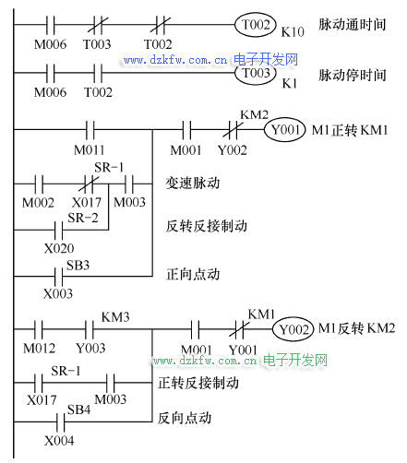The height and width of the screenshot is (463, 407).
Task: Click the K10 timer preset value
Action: (x=293, y=32)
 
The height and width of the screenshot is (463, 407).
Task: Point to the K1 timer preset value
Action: (x=290, y=83)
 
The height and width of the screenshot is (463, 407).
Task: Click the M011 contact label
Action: (x=90, y=150)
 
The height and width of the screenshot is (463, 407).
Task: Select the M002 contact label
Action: (x=38, y=203)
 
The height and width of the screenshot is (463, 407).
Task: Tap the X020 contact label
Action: (x=59, y=248)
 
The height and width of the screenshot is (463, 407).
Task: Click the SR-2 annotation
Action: (x=83, y=218)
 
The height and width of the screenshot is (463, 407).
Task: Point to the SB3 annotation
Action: (x=78, y=265)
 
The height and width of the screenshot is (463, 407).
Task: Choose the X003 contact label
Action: (x=58, y=293)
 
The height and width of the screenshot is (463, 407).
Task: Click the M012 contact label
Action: (x=40, y=348)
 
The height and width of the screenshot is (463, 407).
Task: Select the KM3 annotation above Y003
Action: (x=115, y=317)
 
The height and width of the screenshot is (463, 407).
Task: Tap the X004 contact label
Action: (x=59, y=441)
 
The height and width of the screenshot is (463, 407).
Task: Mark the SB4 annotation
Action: (x=78, y=410)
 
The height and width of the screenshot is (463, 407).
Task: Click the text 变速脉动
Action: (x=193, y=184)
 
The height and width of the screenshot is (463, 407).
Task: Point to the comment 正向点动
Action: (x=193, y=274)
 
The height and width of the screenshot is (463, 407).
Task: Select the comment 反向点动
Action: (x=185, y=418)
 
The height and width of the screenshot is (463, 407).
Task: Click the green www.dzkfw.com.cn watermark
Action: (x=205, y=360)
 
